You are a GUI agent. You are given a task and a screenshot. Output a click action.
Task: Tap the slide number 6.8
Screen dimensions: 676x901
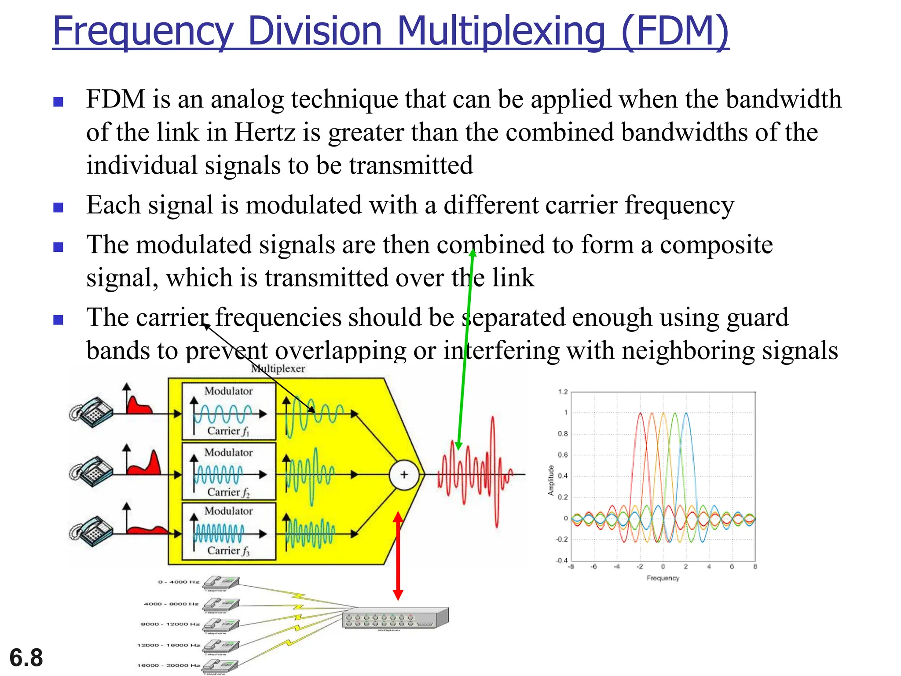[x=26, y=658]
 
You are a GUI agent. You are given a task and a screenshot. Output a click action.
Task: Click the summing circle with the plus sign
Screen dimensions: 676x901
[x=404, y=474]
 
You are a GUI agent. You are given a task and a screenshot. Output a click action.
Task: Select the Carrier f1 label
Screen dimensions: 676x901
[x=228, y=431]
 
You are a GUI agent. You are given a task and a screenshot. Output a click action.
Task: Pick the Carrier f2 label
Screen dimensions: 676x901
[x=228, y=492]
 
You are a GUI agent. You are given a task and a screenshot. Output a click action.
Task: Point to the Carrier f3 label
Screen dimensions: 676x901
[x=228, y=551]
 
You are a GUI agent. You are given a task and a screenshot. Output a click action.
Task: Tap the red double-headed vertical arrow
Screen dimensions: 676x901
[x=398, y=556]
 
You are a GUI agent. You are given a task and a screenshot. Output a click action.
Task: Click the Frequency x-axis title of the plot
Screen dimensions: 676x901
[x=663, y=578]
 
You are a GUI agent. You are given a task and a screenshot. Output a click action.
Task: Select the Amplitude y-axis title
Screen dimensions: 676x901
[x=551, y=480]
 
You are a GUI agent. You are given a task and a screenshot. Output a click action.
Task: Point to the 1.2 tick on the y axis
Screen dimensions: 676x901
[x=563, y=392]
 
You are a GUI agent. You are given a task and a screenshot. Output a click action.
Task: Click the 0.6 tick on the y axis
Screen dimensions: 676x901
[x=563, y=455]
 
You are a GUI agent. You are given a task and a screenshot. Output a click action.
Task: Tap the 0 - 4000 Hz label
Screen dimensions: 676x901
[x=179, y=582]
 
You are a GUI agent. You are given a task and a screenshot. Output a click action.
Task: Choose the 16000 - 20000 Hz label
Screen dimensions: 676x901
[x=168, y=665]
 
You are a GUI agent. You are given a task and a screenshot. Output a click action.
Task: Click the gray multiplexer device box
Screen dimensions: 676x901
[x=395, y=618]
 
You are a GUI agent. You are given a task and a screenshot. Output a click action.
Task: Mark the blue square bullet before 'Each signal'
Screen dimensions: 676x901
[x=58, y=207]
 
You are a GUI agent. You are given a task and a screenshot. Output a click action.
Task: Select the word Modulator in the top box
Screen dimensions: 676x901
[x=228, y=391]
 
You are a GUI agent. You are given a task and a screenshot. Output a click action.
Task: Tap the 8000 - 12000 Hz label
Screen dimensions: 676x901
[x=170, y=624]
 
